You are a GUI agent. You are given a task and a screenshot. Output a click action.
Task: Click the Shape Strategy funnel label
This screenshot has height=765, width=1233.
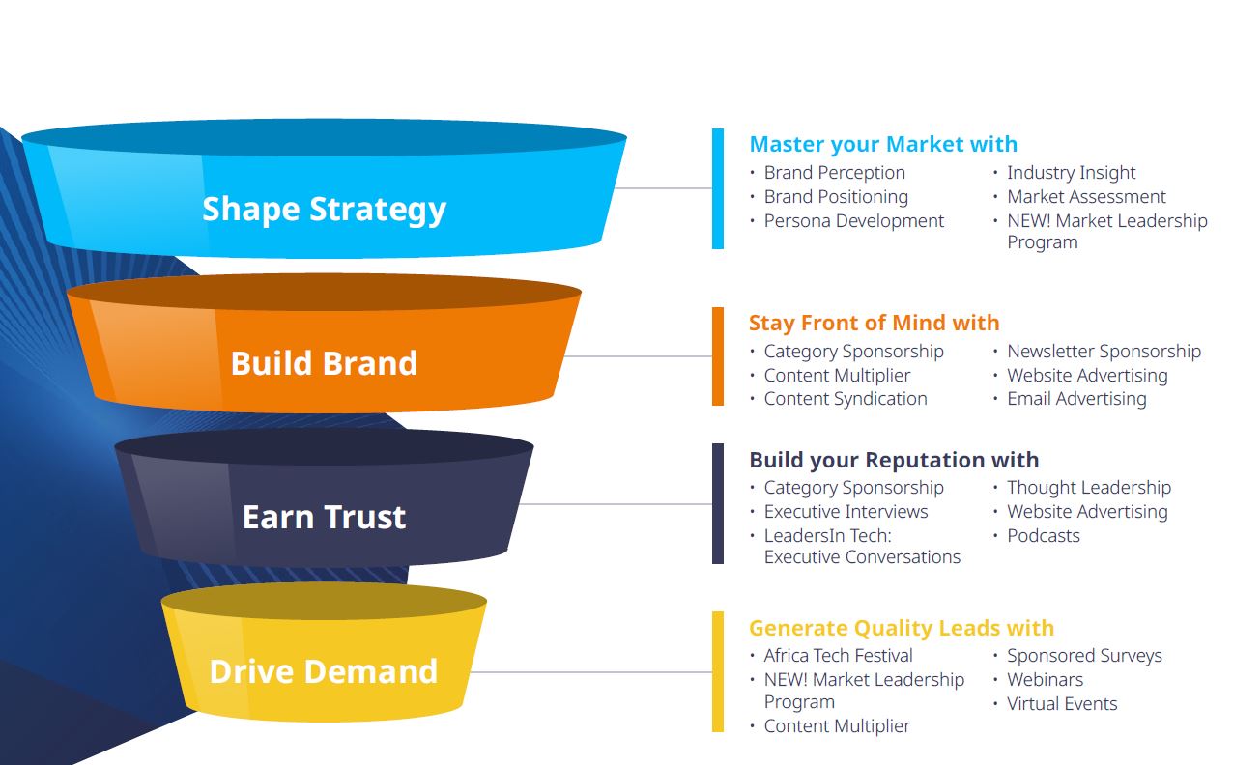coord(324,210)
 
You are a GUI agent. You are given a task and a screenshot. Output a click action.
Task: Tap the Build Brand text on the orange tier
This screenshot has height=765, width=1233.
coord(324,363)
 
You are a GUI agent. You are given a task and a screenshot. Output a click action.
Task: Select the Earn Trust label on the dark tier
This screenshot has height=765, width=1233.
coord(324,517)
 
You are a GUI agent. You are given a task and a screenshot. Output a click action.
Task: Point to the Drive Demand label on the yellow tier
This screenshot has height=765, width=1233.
coord(324,671)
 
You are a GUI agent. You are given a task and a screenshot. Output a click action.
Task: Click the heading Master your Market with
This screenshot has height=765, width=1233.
coord(883,145)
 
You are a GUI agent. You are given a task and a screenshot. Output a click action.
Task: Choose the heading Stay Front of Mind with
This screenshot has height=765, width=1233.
coord(874,323)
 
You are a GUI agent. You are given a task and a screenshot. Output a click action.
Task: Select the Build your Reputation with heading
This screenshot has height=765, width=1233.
coord(894,460)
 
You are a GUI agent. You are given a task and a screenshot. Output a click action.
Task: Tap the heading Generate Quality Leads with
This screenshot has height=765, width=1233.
coord(901,628)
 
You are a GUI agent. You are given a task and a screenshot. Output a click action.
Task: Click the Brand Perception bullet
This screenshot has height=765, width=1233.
coord(834,173)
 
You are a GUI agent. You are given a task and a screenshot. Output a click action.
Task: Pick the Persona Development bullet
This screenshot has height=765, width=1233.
coord(853,221)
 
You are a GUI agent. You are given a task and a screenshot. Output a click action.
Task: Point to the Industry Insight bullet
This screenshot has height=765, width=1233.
coord(1071,173)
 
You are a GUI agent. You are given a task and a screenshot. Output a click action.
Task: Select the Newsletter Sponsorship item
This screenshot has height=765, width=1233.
coord(1104,352)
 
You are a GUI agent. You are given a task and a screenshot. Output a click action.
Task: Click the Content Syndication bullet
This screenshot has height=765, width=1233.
coord(845,399)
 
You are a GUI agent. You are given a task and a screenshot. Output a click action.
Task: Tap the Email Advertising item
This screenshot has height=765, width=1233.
coord(1076,399)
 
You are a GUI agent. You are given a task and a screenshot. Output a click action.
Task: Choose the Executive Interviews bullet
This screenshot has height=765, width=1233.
coord(846,512)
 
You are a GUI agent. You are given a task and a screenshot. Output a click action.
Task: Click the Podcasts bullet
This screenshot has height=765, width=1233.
coord(1043,536)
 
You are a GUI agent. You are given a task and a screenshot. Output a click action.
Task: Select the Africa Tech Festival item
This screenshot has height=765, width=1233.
coord(838,656)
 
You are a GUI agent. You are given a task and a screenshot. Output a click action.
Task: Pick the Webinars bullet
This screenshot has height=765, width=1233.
coord(1045,680)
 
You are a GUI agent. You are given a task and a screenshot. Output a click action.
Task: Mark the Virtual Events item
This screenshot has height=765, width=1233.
coord(1062,704)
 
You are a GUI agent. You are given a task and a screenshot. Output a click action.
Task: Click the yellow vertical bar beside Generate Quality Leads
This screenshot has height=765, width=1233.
coord(718,671)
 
